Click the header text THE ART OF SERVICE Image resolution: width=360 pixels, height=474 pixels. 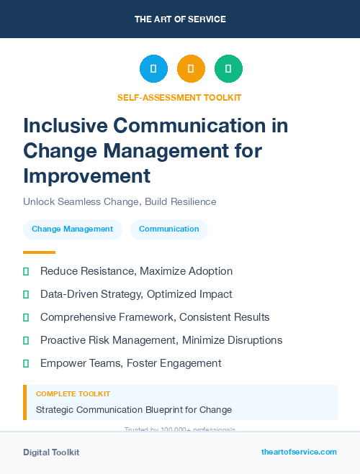tap(180, 19)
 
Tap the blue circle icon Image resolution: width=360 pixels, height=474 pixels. tap(153, 69)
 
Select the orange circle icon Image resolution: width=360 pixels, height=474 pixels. tap(191, 69)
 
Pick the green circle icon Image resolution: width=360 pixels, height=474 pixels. tap(228, 69)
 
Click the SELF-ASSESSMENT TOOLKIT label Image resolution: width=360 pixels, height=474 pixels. tap(179, 97)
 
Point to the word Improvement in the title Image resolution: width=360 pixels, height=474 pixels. tap(86, 176)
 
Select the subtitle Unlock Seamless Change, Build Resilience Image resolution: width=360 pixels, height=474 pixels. tap(120, 202)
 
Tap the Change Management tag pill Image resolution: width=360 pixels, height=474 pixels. tap(72, 229)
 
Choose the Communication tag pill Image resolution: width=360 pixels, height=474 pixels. tap(169, 229)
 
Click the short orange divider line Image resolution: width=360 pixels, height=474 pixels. tap(39, 252)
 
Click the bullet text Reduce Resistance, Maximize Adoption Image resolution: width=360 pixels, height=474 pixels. tap(136, 271)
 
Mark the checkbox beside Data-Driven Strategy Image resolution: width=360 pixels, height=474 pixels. tap(26, 294)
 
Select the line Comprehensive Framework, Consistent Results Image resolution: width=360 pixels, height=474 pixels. tap(155, 317)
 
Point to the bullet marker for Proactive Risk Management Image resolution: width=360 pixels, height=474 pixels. tap(26, 340)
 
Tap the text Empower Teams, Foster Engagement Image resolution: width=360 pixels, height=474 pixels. tap(130, 363)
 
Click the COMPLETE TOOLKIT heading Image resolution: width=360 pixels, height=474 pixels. tap(73, 394)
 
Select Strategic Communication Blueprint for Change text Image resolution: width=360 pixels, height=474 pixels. tap(134, 410)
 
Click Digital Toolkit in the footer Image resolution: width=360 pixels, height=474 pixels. tap(51, 452)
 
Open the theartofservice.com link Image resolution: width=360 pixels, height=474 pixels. tap(299, 452)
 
